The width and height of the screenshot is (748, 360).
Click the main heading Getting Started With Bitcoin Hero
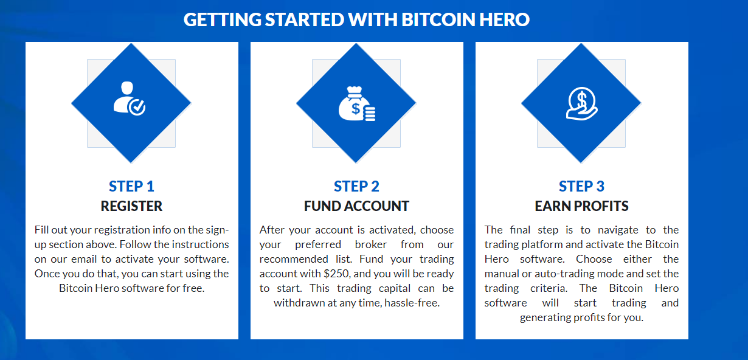[x=356, y=19]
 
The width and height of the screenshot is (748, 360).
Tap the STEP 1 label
[x=131, y=186]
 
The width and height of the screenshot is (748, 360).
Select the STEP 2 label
[x=356, y=186]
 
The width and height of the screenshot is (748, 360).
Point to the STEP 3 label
[x=581, y=186]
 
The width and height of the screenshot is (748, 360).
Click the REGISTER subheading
[x=131, y=206]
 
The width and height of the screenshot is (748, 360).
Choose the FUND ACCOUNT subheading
[x=356, y=206]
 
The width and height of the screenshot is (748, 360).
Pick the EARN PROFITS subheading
[x=581, y=206]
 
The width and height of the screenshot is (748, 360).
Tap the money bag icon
[x=356, y=103]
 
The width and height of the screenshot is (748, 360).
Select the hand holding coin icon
[x=581, y=103]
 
